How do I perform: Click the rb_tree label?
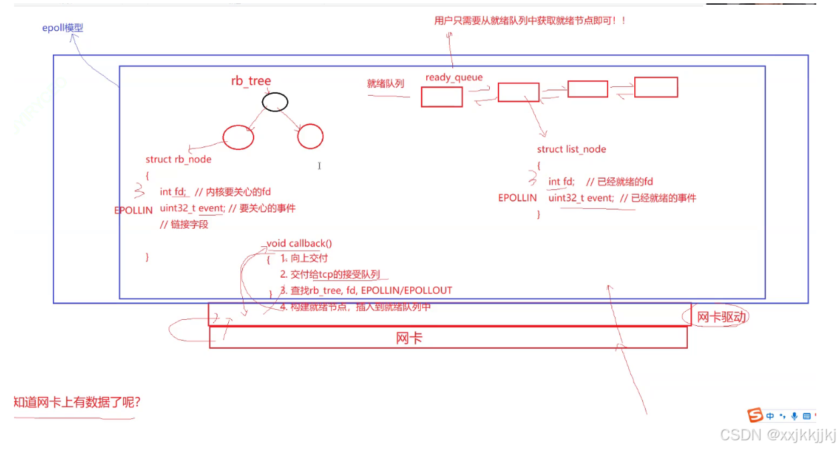pyautogui.click(x=251, y=81)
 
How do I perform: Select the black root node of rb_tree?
pyautogui.click(x=275, y=102)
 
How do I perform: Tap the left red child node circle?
pyautogui.click(x=238, y=137)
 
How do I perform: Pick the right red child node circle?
pyautogui.click(x=310, y=136)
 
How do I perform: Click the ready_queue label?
pyautogui.click(x=454, y=78)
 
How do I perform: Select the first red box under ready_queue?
pyautogui.click(x=442, y=97)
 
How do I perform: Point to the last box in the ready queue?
pyautogui.click(x=656, y=87)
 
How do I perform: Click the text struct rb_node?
pyautogui.click(x=178, y=159)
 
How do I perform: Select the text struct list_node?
pyautogui.click(x=571, y=149)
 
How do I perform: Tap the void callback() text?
pyautogui.click(x=299, y=244)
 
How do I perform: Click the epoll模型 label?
pyautogui.click(x=63, y=28)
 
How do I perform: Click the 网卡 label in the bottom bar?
pyautogui.click(x=409, y=339)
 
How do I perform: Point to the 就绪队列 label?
pyautogui.click(x=385, y=84)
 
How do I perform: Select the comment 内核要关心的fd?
pyautogui.click(x=238, y=192)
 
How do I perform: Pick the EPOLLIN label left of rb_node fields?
pyautogui.click(x=133, y=210)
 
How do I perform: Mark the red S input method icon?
pyautogui.click(x=755, y=416)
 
